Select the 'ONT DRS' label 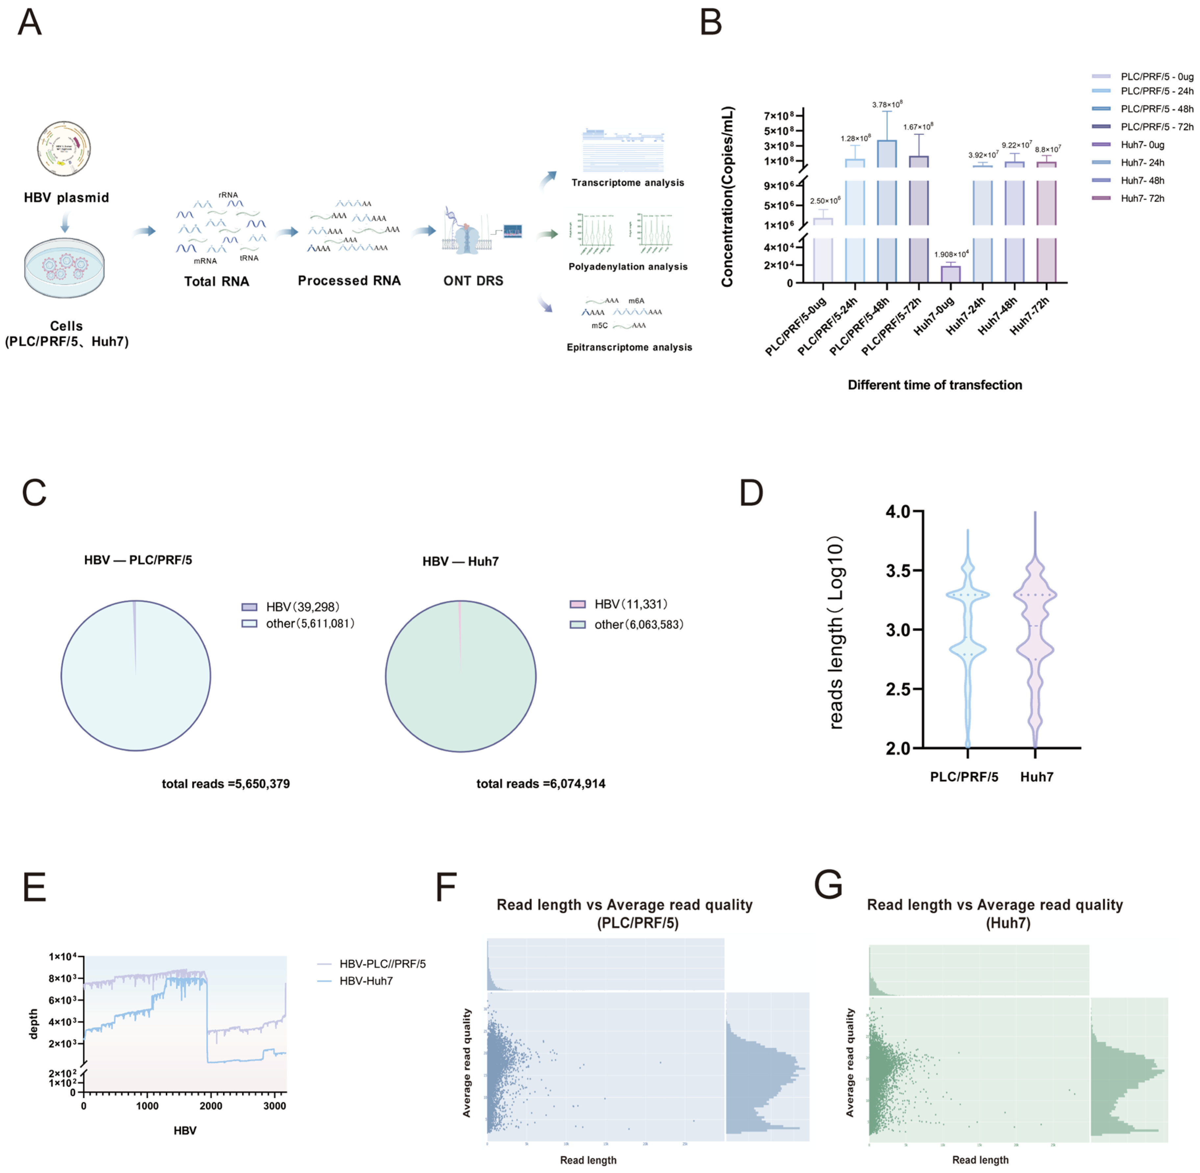(x=473, y=281)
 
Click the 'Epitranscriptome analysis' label (x=629, y=347)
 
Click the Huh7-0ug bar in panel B (x=951, y=274)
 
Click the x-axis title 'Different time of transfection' (x=935, y=385)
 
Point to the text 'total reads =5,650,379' (x=225, y=784)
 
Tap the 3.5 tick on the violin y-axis (x=898, y=570)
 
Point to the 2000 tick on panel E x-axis (x=211, y=1106)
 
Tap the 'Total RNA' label (x=216, y=282)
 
